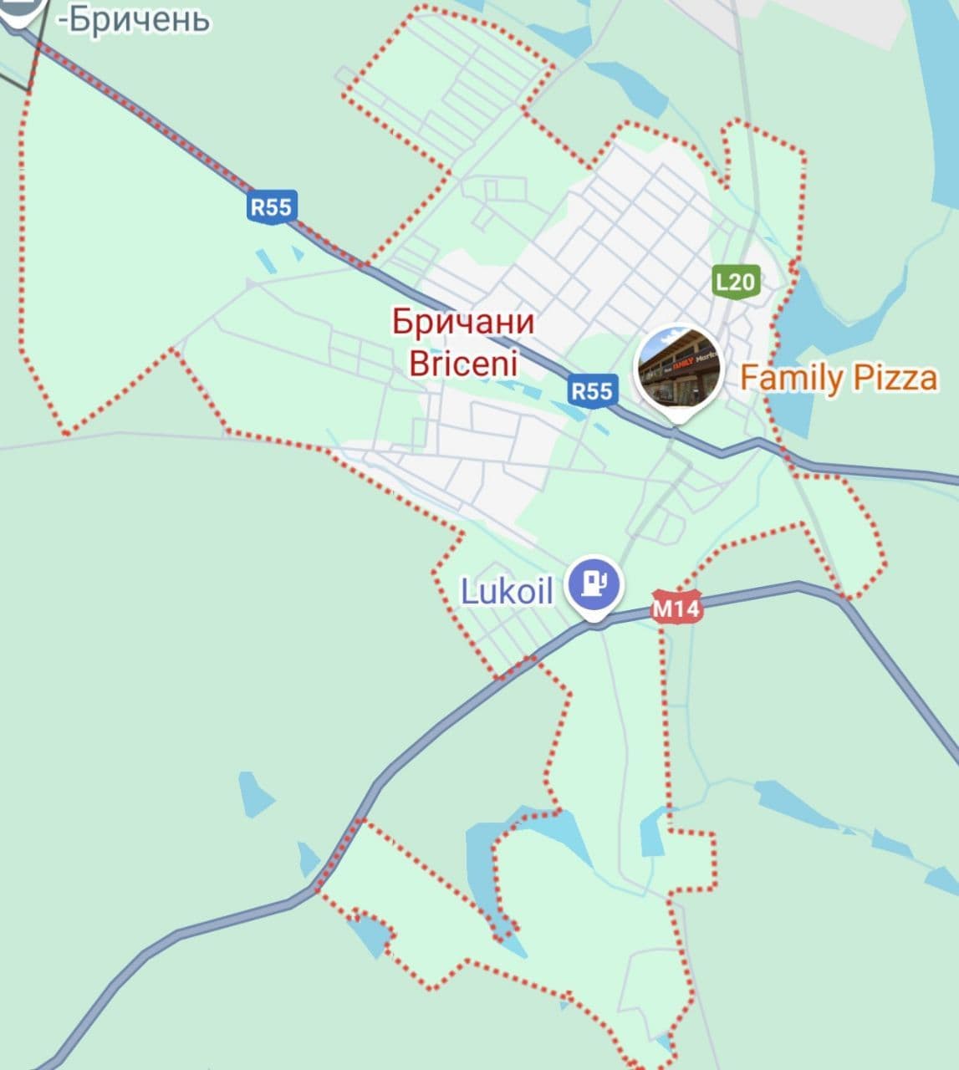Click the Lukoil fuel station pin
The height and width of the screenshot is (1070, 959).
[594, 584]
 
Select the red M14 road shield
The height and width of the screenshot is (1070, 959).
[676, 608]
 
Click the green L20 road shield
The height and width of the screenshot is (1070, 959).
[735, 282]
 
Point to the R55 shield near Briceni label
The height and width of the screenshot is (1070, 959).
[592, 390]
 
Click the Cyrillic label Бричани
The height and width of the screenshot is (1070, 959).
[462, 322]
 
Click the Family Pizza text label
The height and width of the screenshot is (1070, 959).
[838, 378]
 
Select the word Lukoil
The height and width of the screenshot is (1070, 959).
[508, 591]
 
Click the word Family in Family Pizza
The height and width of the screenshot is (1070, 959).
[792, 378]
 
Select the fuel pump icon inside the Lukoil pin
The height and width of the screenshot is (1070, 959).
[594, 582]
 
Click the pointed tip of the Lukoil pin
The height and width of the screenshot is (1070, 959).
[594, 619]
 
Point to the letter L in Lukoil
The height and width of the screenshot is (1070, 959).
[469, 591]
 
